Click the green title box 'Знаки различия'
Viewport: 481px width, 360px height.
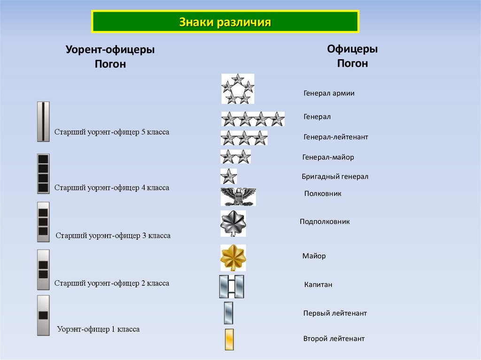pos(225,22)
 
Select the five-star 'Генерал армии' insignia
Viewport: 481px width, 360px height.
pos(238,89)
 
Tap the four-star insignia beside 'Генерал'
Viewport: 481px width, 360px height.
pos(253,119)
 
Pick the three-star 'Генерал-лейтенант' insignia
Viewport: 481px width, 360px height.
pos(244,138)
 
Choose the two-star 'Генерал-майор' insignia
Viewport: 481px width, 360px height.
pos(236,156)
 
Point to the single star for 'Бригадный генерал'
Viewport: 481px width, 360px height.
pos(229,176)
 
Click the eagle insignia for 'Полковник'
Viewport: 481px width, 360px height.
pos(238,197)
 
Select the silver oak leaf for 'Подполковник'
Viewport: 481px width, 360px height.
pos(233,223)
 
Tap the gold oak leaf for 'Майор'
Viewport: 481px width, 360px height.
pos(233,258)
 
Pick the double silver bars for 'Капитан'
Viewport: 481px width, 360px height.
pos(232,286)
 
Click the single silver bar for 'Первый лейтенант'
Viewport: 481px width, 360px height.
pos(229,313)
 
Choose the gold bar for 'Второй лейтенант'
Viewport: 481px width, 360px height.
pos(229,339)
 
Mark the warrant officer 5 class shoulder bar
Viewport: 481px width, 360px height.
pos(43,122)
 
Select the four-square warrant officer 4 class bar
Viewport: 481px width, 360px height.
pos(43,174)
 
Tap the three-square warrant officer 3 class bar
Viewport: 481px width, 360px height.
pos(43,222)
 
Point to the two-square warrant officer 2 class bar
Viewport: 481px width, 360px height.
pos(43,269)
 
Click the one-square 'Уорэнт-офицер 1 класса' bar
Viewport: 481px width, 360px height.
pos(43,315)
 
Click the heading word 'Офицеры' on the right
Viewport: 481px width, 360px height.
pos(352,49)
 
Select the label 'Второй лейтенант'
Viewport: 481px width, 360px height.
pos(334,338)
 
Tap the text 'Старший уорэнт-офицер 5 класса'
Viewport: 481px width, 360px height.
pos(112,132)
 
